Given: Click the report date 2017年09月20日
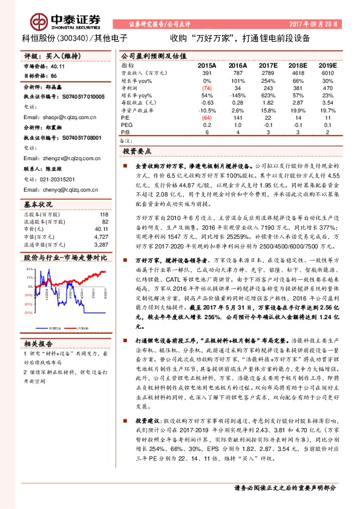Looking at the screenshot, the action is tap(323, 25).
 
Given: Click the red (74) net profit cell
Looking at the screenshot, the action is tap(207, 88).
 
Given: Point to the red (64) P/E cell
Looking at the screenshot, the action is tap(207, 118).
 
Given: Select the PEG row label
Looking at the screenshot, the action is tap(127, 124).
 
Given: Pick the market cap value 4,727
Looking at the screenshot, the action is tap(101, 220).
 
